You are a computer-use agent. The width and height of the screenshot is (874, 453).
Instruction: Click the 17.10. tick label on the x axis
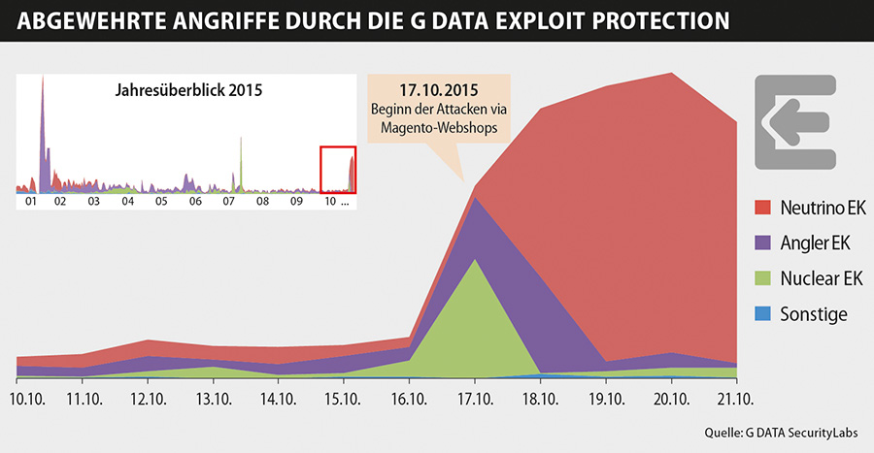point(474,400)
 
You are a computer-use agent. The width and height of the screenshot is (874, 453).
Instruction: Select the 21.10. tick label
point(736,400)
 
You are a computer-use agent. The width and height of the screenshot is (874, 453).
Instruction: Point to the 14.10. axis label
point(278,400)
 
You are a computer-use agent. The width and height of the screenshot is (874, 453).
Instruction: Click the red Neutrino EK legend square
point(763,209)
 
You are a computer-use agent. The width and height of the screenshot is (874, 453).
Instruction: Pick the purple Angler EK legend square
point(763,243)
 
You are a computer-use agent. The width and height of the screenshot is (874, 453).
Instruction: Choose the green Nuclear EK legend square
point(763,278)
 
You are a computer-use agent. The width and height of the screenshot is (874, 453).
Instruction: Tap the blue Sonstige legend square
point(763,313)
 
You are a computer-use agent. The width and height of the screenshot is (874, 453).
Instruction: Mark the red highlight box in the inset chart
point(339,170)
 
